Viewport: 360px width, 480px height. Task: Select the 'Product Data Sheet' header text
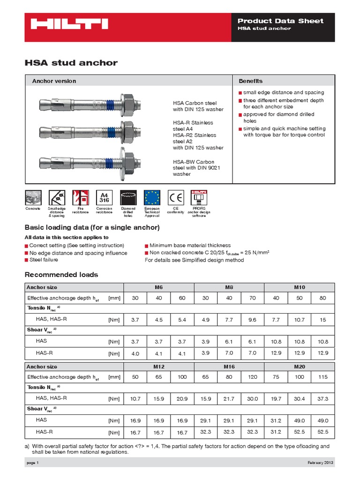pos(280,21)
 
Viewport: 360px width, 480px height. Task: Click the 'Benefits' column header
pos(251,81)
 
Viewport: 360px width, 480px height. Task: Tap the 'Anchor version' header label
pos(54,81)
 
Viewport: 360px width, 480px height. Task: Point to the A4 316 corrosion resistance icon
pos(104,197)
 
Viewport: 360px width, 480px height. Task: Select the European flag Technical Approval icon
pos(152,197)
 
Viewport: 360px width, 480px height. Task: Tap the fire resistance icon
pos(80,197)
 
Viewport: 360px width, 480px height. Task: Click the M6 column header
pos(158,287)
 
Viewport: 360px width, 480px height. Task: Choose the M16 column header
pos(229,367)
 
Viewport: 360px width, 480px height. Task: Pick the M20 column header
pos(300,367)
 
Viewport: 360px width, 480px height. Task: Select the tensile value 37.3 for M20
pos(323,398)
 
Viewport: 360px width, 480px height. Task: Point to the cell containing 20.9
pos(182,398)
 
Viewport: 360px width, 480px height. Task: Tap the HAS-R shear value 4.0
pos(135,353)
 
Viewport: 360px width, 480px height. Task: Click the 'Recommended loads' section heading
pos(61,275)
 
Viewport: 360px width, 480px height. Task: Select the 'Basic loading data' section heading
pos(92,228)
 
